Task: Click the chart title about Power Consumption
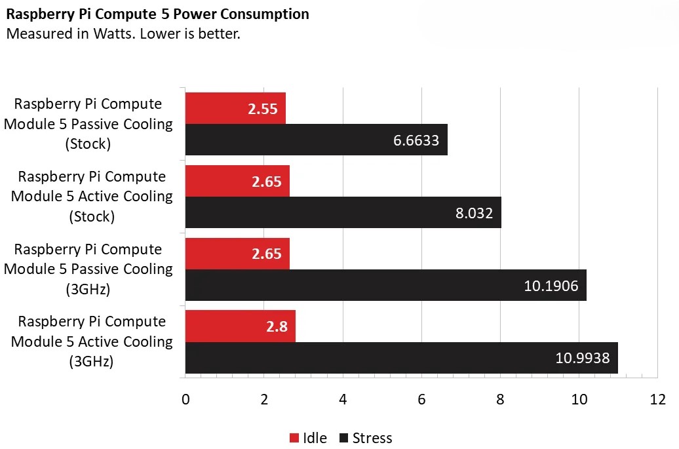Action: pyautogui.click(x=158, y=14)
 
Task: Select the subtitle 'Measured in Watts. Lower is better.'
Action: pyautogui.click(x=123, y=33)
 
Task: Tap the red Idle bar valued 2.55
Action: pyautogui.click(x=235, y=109)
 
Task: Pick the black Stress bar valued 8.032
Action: pyautogui.click(x=343, y=212)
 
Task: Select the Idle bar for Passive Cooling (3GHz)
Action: pyautogui.click(x=237, y=254)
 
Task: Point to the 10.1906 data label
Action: pyautogui.click(x=551, y=285)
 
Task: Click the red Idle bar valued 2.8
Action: pyautogui.click(x=240, y=326)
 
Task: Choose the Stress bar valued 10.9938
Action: pyautogui.click(x=401, y=358)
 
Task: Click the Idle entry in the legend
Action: pyautogui.click(x=308, y=438)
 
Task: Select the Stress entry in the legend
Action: pyautogui.click(x=366, y=438)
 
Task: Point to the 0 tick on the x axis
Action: pyautogui.click(x=185, y=400)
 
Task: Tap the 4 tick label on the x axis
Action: pyautogui.click(x=343, y=400)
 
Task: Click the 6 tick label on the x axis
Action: pyautogui.click(x=421, y=400)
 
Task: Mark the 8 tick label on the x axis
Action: pyautogui.click(x=500, y=400)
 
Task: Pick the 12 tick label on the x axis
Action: pyautogui.click(x=657, y=400)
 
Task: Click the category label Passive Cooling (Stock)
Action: pyautogui.click(x=88, y=124)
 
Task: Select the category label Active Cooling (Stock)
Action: pyautogui.click(x=92, y=197)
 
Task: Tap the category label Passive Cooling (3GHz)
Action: pyautogui.click(x=88, y=269)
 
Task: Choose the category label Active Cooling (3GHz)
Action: pyautogui.click(x=92, y=342)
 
